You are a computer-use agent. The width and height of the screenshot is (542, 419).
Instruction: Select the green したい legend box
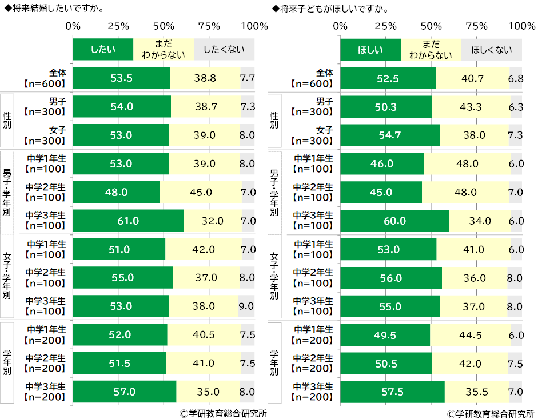[x=103, y=50]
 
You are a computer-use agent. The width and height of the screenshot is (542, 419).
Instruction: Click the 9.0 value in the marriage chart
[x=246, y=306]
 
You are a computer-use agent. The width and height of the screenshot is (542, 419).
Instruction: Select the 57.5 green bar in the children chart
[x=392, y=392]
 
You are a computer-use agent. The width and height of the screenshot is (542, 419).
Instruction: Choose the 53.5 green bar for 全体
[x=122, y=78]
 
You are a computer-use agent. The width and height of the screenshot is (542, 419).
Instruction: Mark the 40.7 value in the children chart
[x=472, y=78]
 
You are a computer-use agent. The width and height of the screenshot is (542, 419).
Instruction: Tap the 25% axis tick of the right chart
[x=386, y=26]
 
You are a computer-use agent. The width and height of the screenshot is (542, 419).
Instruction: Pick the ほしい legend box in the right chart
[x=370, y=50]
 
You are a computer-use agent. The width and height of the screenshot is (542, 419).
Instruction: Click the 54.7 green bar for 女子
[x=390, y=135]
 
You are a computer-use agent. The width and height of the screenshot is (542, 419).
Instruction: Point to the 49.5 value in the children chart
[x=385, y=335]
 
